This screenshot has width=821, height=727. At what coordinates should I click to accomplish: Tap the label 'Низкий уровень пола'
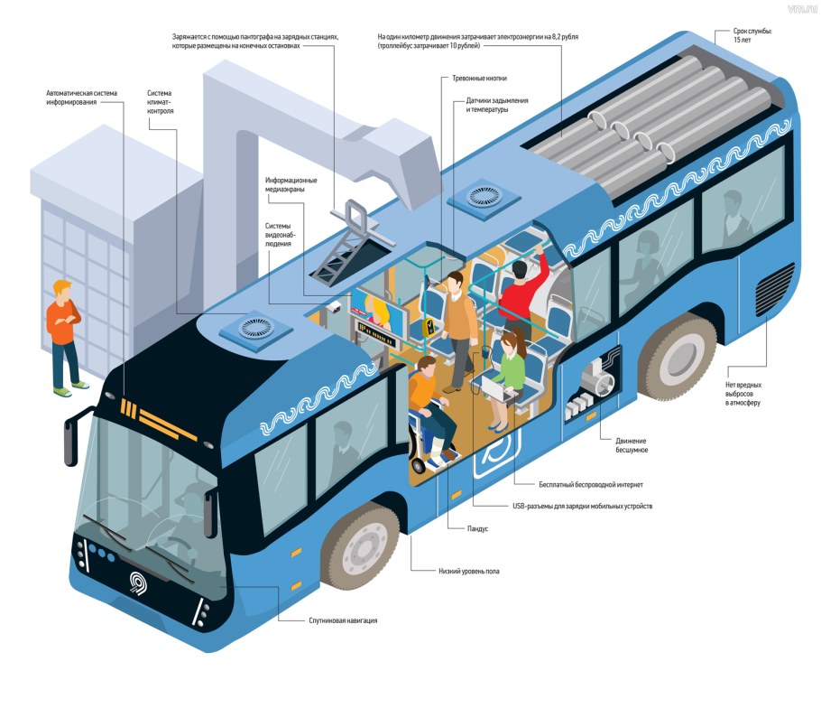(468, 571)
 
